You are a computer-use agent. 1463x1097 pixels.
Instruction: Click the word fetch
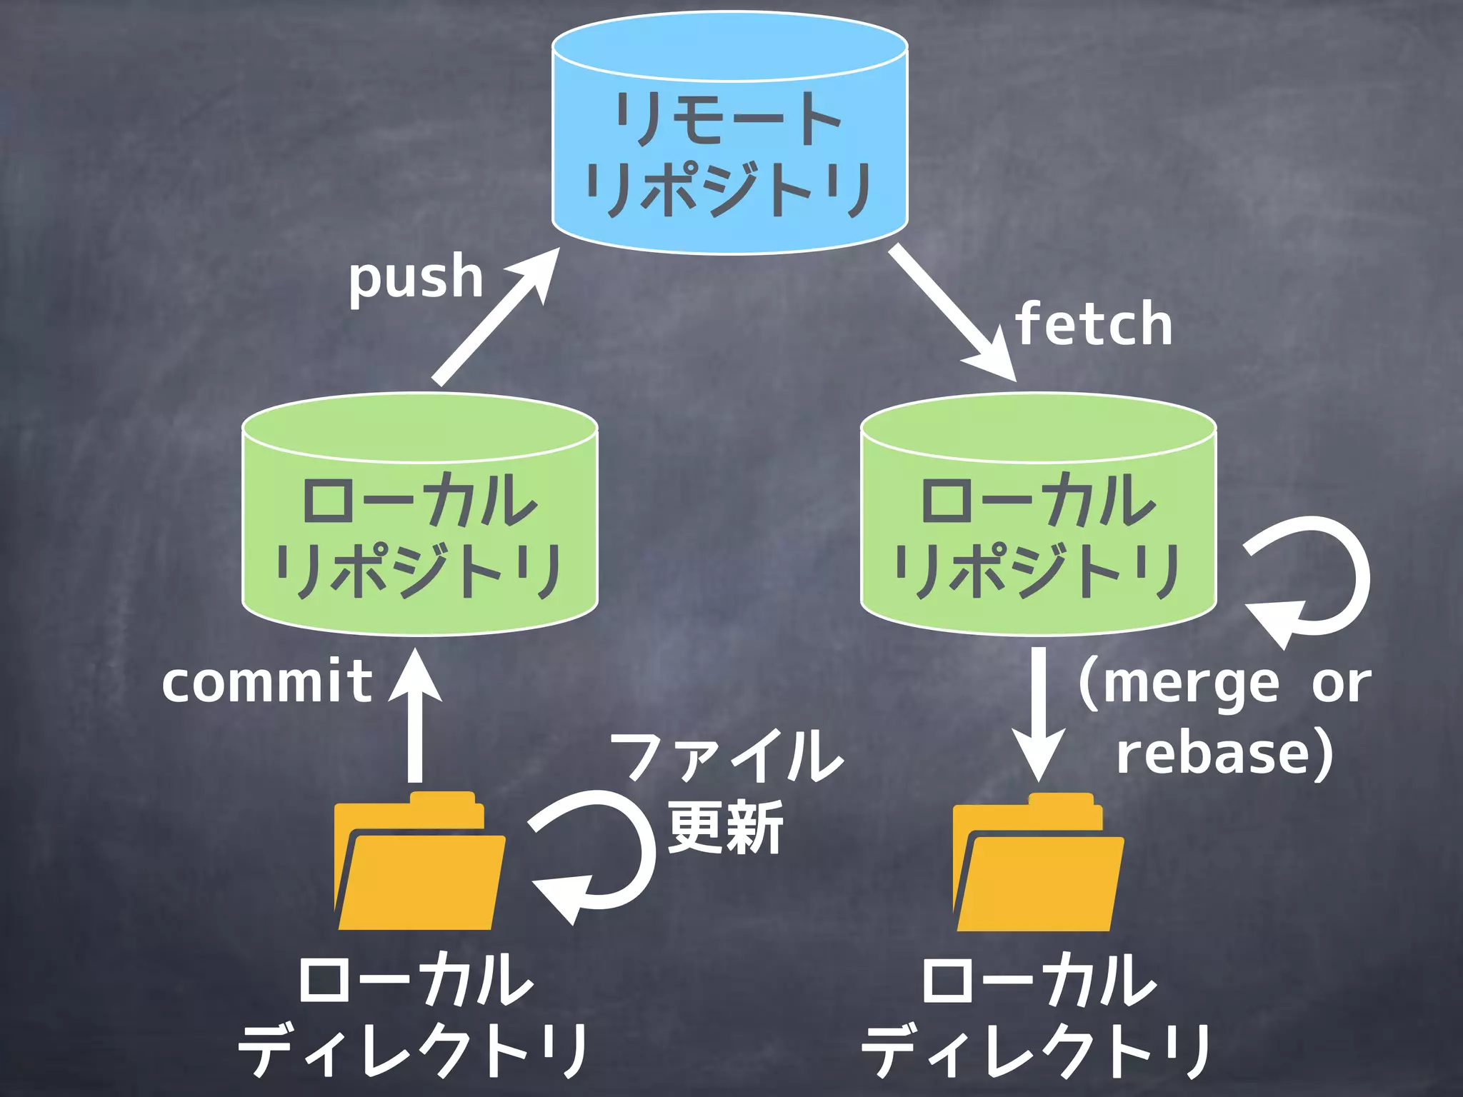[x=1094, y=324]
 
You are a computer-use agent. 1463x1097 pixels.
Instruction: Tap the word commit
[x=267, y=682]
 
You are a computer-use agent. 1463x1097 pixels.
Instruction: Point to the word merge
[x=1191, y=684]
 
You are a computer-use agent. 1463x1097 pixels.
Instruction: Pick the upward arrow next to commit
[x=415, y=714]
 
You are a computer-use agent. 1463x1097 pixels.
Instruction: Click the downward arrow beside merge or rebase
[x=1039, y=714]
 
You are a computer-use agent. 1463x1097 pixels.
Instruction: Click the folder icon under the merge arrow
[x=1037, y=864]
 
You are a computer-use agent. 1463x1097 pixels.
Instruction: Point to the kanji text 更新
[x=725, y=828]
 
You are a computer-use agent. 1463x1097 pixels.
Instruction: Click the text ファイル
[x=726, y=757]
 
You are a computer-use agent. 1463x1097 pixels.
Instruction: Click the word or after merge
[x=1341, y=684]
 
